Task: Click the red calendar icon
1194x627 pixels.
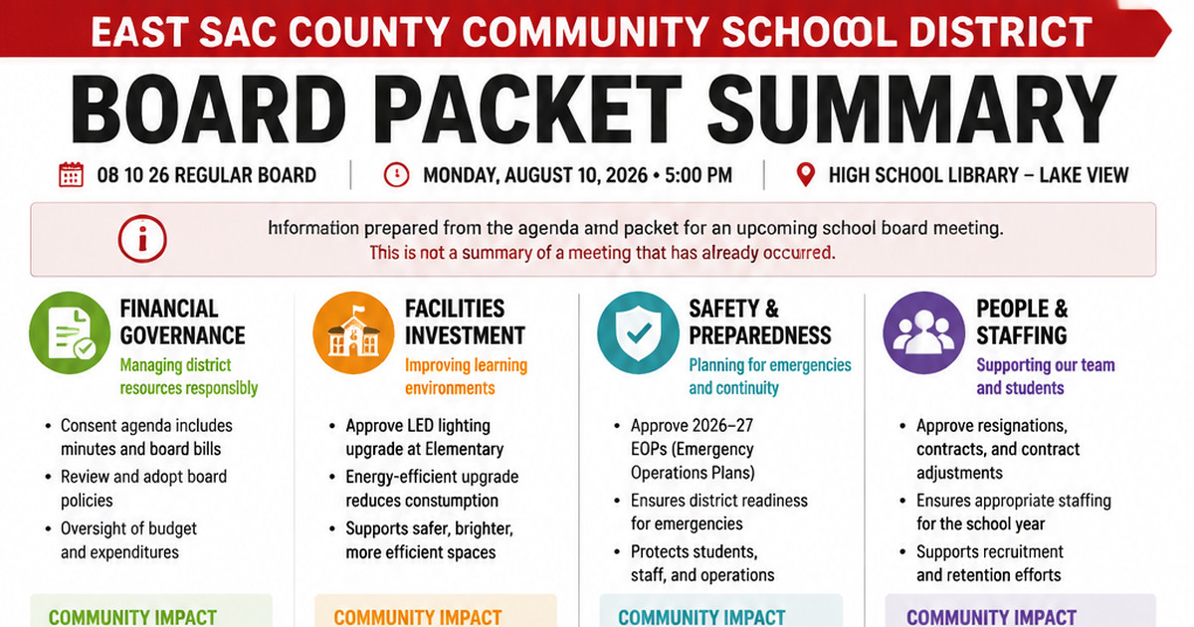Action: point(71,175)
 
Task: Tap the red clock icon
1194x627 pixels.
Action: point(396,175)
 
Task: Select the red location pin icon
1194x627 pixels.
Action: point(805,175)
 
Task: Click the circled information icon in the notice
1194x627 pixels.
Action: point(142,239)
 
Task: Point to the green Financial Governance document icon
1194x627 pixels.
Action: point(70,332)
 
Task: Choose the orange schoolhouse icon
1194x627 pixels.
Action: point(354,332)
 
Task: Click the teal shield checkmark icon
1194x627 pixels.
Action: point(638,332)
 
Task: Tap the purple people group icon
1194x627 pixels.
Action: point(923,332)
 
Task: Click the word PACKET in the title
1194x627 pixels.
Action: point(527,109)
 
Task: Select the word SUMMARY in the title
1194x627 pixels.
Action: point(911,109)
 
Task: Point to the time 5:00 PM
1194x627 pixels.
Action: point(698,175)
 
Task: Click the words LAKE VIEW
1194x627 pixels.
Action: point(1084,175)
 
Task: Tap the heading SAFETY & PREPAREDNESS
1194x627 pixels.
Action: point(760,322)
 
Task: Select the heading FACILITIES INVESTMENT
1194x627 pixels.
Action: point(465,322)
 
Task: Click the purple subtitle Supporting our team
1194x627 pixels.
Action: point(1046,365)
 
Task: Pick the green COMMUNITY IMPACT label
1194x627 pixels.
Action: point(132,617)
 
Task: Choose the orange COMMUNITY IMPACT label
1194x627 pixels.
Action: point(417,617)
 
